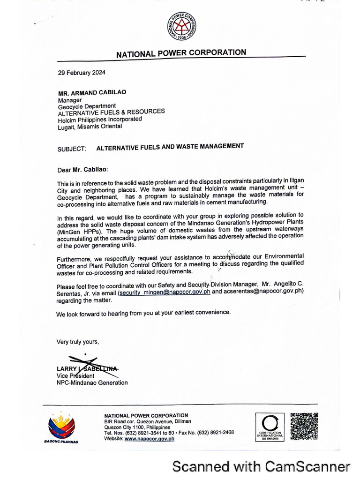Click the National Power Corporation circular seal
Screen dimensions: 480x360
[182, 27]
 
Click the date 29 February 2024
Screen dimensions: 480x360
[82, 73]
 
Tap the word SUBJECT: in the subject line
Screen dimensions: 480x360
[72, 149]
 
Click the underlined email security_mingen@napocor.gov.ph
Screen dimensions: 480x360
[165, 292]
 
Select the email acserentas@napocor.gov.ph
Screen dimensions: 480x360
[264, 291]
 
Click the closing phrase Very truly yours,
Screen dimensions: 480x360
[78, 342]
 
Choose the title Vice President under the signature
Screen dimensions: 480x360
[75, 375]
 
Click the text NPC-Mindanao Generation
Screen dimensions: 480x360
[92, 382]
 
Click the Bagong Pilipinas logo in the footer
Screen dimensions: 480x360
[61, 427]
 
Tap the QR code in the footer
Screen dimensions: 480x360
[304, 426]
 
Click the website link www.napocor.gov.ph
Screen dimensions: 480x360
[149, 439]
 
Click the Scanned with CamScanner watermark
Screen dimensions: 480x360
[261, 466]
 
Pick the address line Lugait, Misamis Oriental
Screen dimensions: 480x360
[90, 126]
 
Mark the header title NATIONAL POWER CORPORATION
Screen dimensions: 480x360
[181, 53]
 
